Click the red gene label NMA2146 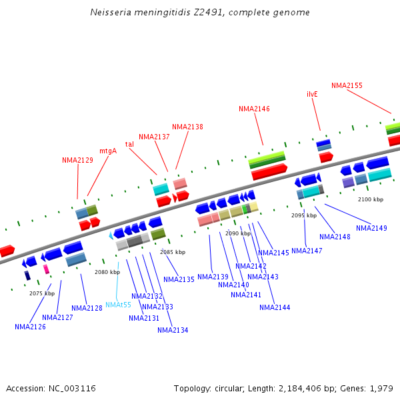[x=254, y=109]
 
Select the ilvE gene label [x=312, y=94]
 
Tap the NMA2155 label [x=347, y=85]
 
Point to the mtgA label [x=108, y=151]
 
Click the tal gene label [x=129, y=144]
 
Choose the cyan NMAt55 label [x=118, y=305]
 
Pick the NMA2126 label [x=30, y=327]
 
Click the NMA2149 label [x=371, y=228]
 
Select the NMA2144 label [x=275, y=307]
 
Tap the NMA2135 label [x=179, y=279]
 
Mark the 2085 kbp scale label [x=173, y=252]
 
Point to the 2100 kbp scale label [x=371, y=199]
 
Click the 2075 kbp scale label [x=42, y=293]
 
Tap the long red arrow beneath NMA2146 [x=269, y=172]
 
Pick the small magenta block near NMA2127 [x=46, y=269]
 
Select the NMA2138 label [x=187, y=127]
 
